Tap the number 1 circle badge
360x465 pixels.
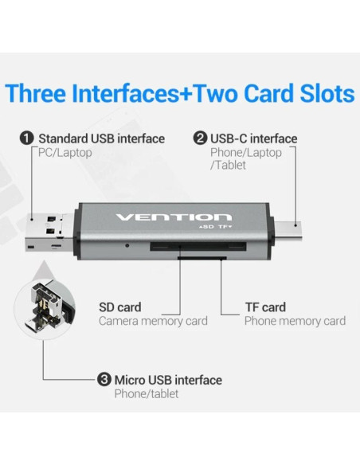pyautogui.click(x=26, y=139)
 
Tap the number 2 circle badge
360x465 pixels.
pyautogui.click(x=201, y=139)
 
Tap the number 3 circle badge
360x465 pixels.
pyautogui.click(x=104, y=380)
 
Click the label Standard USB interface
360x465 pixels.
pyautogui.click(x=101, y=139)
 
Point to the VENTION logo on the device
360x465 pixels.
pyautogui.click(x=174, y=217)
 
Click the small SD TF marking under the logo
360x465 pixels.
pyautogui.click(x=217, y=229)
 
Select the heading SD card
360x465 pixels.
pyautogui.click(x=119, y=307)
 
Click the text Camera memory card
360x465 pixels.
pyautogui.click(x=153, y=321)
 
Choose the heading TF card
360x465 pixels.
pyautogui.click(x=264, y=307)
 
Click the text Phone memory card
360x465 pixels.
pyautogui.click(x=295, y=321)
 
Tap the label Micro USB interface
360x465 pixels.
pyautogui.click(x=168, y=380)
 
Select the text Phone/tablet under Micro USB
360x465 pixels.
pyautogui.click(x=147, y=393)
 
